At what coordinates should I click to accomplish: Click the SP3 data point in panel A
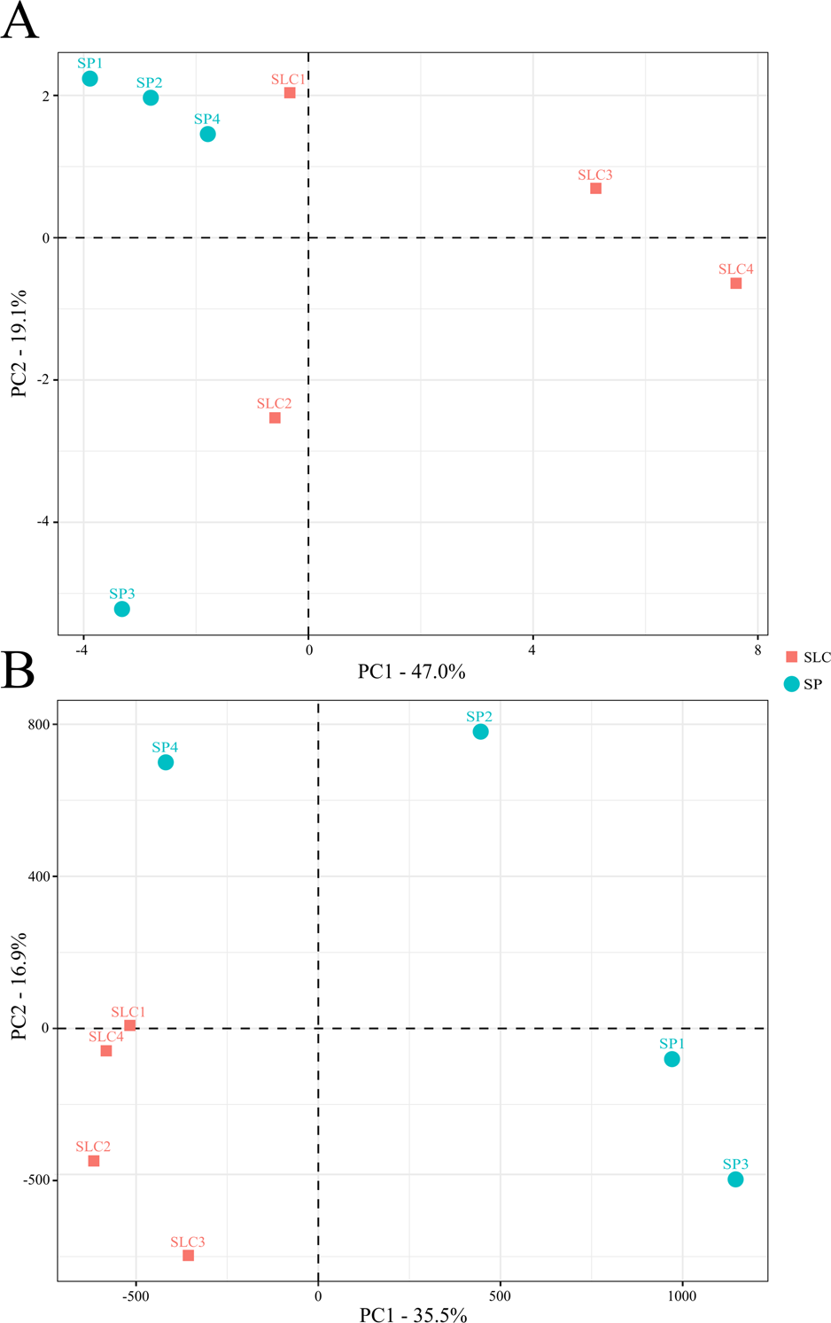[x=122, y=609]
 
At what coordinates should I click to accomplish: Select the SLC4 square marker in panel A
[x=735, y=284]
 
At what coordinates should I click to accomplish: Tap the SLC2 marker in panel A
[x=275, y=418]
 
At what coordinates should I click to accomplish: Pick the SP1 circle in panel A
[x=89, y=79]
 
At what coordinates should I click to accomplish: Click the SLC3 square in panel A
[x=595, y=189]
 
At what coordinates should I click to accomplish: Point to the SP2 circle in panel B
[x=480, y=732]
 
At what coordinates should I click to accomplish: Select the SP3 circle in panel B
[x=735, y=1179]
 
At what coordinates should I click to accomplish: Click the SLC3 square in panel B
[x=188, y=1256]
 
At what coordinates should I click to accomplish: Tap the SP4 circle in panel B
[x=166, y=763]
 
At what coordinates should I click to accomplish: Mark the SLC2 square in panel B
[x=94, y=1161]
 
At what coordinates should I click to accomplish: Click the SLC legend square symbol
[x=792, y=657]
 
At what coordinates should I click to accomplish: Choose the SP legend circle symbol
[x=792, y=684]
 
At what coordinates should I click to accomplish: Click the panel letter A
[x=20, y=22]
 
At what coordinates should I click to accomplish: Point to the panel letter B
[x=19, y=671]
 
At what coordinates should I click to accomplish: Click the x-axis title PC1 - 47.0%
[x=411, y=672]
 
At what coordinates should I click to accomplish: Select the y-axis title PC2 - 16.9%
[x=19, y=986]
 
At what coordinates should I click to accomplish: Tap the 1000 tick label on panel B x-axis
[x=681, y=1296]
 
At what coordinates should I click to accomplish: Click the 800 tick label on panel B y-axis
[x=39, y=725]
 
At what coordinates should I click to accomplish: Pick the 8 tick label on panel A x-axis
[x=757, y=650]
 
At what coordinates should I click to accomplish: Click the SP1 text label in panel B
[x=672, y=1044]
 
